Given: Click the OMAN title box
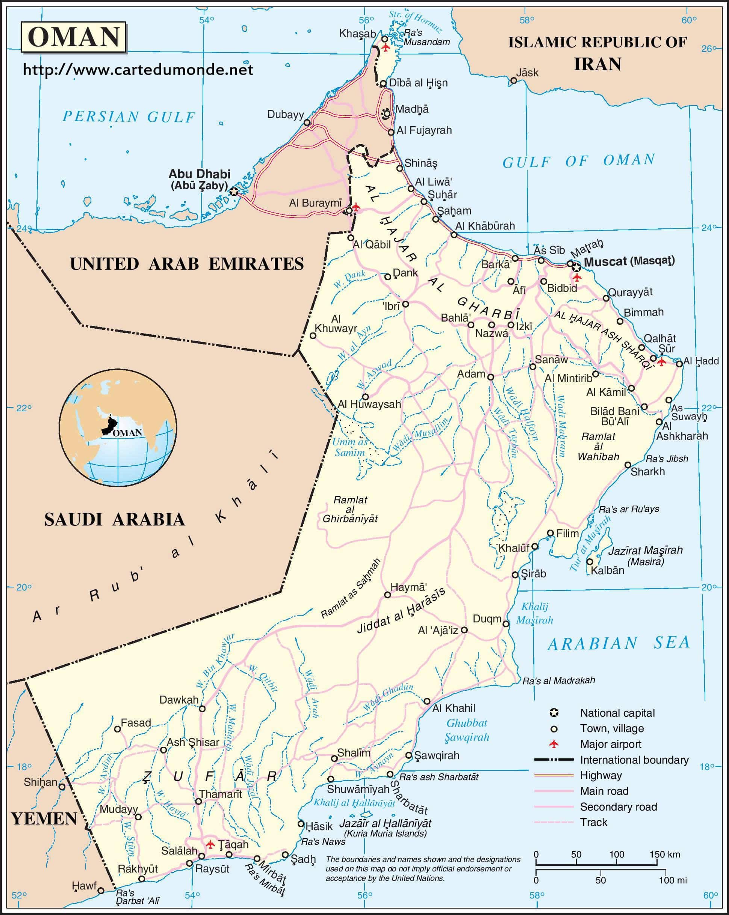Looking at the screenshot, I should click(x=73, y=37).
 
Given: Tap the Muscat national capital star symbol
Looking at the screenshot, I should click(x=576, y=267).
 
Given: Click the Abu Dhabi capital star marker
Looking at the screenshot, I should click(x=233, y=192).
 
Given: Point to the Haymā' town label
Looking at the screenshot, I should click(x=408, y=587).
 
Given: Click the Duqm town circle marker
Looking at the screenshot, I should click(x=506, y=624).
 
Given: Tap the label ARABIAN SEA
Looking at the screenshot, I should click(x=618, y=644).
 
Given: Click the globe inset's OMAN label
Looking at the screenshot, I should click(x=127, y=433).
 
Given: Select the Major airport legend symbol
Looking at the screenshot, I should click(x=554, y=744).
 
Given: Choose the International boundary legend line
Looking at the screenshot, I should click(x=554, y=759).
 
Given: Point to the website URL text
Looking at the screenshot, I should click(x=138, y=69).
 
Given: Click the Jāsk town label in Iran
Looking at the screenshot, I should click(x=527, y=72).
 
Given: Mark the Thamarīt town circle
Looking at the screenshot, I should click(x=198, y=801).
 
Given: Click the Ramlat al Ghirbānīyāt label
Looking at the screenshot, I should click(x=350, y=509).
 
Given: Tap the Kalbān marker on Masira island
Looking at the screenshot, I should click(x=589, y=562).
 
